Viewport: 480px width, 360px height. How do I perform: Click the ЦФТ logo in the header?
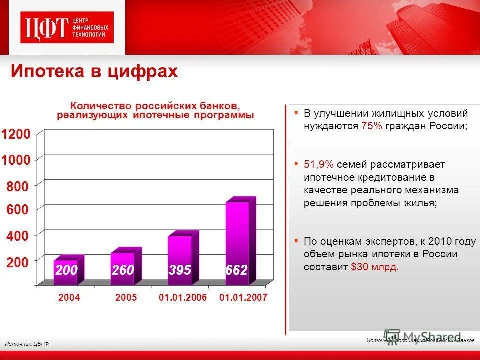click(x=67, y=27)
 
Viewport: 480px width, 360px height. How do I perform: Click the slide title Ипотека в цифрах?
click(x=94, y=71)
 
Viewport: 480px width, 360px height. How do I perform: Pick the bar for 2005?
click(x=123, y=267)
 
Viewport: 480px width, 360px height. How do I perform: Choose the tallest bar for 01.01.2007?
click(x=237, y=242)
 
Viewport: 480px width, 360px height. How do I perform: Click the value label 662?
click(x=236, y=271)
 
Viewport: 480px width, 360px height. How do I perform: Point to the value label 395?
click(x=179, y=270)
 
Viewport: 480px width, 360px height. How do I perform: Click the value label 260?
click(x=123, y=270)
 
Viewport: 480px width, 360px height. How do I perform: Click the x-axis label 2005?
click(x=126, y=298)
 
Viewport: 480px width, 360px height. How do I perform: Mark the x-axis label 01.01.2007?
click(x=243, y=298)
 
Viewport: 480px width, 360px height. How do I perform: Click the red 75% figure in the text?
click(x=371, y=126)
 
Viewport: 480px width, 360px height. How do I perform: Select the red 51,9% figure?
click(x=319, y=165)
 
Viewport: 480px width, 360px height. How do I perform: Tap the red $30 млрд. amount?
click(x=375, y=267)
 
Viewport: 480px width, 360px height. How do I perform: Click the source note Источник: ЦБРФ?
click(x=27, y=344)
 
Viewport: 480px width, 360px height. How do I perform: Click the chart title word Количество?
click(x=100, y=106)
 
